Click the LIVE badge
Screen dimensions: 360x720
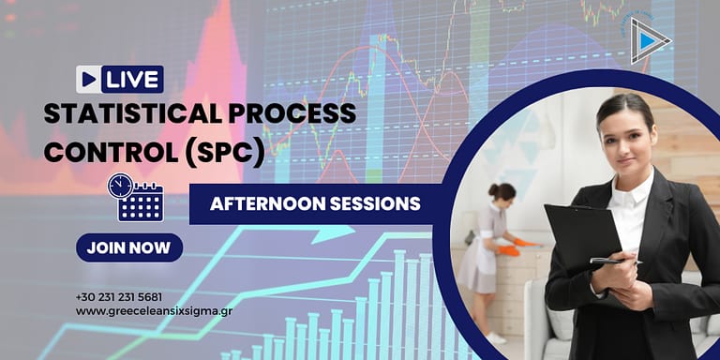(120, 80)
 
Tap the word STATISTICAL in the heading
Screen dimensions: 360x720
(118, 115)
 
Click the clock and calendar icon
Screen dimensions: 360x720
(136, 197)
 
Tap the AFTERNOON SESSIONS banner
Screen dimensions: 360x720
(315, 203)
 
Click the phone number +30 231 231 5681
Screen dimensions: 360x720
(119, 296)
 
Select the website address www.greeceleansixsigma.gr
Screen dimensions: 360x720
(153, 310)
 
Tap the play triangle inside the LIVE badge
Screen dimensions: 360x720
(89, 80)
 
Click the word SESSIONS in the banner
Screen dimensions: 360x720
(376, 203)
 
